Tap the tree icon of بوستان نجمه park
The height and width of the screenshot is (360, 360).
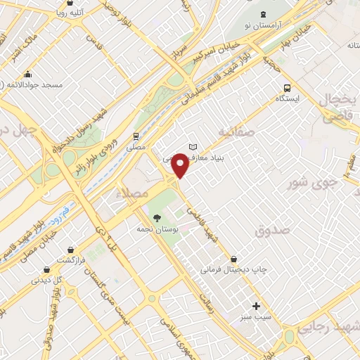click(x=157, y=217)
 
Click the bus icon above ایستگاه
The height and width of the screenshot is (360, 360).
click(x=287, y=89)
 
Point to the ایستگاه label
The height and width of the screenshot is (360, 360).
click(x=287, y=100)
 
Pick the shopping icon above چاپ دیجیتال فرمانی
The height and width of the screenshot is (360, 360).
click(x=243, y=258)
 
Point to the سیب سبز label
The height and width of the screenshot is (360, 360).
click(x=257, y=317)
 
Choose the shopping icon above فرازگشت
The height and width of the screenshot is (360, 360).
click(x=71, y=249)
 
